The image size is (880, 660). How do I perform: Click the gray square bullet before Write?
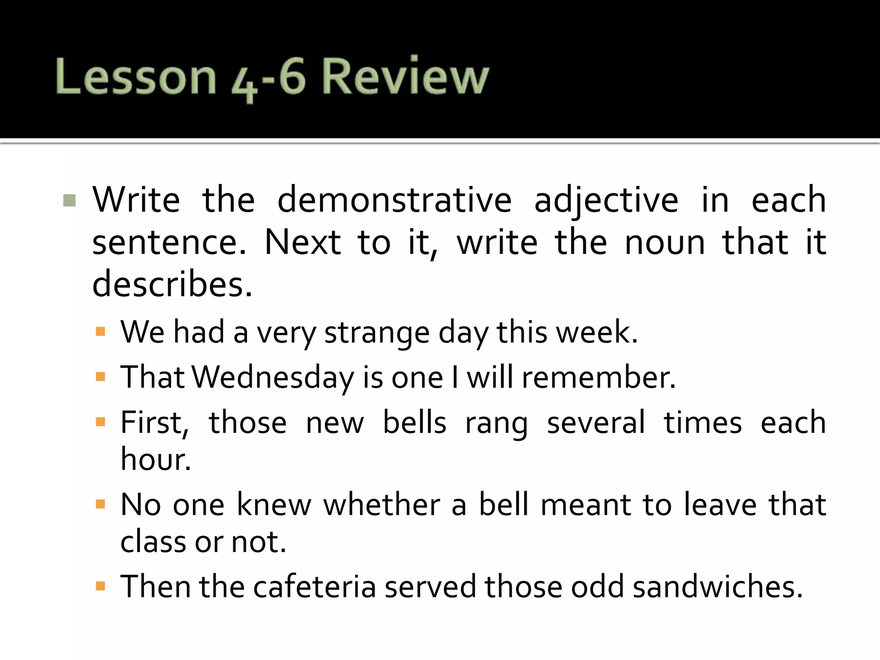click(x=69, y=201)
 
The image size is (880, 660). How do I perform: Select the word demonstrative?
click(x=394, y=200)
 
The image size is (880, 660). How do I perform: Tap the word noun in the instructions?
click(x=665, y=243)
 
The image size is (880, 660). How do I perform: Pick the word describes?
click(x=172, y=284)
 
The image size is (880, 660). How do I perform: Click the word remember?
click(x=599, y=377)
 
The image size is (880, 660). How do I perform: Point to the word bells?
click(x=415, y=422)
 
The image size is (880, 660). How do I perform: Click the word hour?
click(x=155, y=459)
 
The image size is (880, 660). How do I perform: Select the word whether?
click(x=382, y=504)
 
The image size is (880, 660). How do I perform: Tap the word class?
click(x=153, y=541)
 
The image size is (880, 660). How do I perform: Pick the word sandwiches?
click(x=717, y=587)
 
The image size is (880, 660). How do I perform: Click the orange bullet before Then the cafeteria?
click(x=101, y=587)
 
